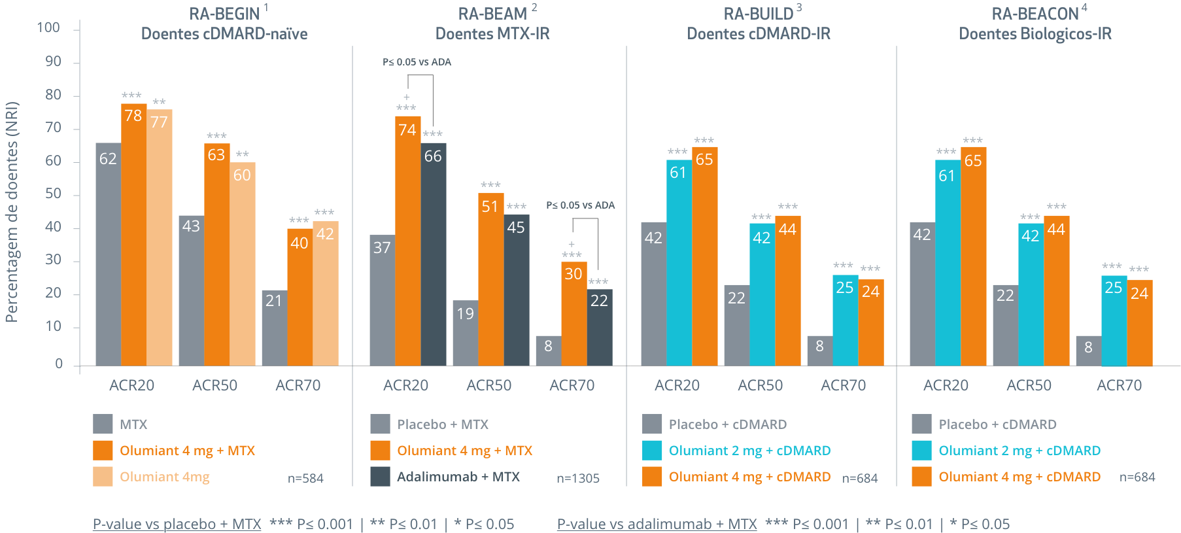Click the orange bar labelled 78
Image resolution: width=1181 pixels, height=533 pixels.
tap(133, 235)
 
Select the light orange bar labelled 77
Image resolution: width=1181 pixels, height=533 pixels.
tap(160, 239)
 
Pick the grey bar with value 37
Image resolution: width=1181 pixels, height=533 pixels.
tap(382, 301)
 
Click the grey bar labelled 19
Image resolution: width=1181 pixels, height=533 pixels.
tap(465, 334)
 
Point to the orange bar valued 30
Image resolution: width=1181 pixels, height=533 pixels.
tap(573, 314)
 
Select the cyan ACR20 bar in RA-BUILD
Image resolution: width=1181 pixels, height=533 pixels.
tap(679, 262)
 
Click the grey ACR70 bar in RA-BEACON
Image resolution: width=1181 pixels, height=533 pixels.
tap(1088, 351)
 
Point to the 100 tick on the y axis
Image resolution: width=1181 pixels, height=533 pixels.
tap(48, 28)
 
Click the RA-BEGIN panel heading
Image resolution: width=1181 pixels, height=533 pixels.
tap(224, 14)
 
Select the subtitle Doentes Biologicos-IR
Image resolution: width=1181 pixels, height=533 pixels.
tap(1035, 34)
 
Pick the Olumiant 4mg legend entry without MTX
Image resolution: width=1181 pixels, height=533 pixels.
tap(164, 477)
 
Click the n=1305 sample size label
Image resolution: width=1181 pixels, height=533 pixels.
tap(577, 479)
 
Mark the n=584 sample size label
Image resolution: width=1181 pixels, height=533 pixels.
tap(305, 479)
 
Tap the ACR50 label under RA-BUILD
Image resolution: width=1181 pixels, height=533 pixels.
tap(760, 385)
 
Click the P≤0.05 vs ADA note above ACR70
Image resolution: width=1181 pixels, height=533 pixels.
tap(580, 205)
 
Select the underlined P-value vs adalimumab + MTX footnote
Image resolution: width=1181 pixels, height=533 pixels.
tap(657, 524)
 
